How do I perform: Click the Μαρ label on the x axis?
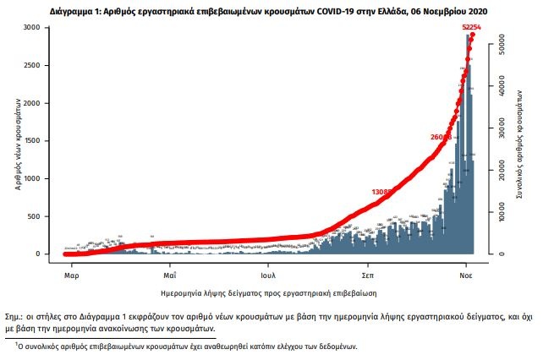(x=72, y=275)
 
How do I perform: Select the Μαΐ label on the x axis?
(x=170, y=275)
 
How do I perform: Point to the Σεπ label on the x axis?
(x=368, y=275)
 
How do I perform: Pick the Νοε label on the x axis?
(x=466, y=275)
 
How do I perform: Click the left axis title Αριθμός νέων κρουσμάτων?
(x=19, y=143)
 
